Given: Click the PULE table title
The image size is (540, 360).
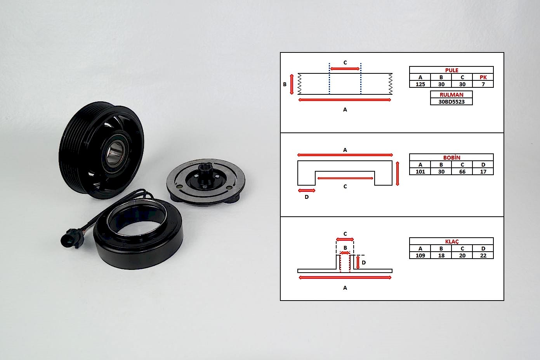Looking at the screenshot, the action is coord(451,70).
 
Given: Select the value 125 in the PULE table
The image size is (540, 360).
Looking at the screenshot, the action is coord(420,84).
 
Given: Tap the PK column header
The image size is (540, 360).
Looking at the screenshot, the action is coord(483,77).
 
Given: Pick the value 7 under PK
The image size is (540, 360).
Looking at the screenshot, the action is coord(483,84).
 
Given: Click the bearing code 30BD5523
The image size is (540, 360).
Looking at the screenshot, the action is coord(451,102).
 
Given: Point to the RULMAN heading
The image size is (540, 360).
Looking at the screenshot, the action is coord(451,95).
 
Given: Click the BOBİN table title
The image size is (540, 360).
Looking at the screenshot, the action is coord(451,157).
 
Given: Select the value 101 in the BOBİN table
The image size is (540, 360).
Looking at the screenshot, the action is coord(420,172).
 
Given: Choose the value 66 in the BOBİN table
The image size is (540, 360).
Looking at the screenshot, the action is coord(462,172).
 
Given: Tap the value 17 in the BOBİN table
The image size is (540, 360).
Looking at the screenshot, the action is coord(483,172).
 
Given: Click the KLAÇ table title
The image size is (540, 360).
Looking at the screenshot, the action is coord(451,242).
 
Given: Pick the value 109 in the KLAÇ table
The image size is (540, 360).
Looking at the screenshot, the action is coord(420,256).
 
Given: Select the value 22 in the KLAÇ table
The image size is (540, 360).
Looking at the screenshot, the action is coord(483,256).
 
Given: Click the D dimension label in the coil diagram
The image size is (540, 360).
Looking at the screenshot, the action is coord(306,197).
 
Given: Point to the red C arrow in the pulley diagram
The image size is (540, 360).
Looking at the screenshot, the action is coord(345,69).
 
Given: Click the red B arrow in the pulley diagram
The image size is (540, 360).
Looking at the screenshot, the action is coord(292,84).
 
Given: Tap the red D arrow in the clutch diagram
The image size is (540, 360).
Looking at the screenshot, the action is coord(358,263).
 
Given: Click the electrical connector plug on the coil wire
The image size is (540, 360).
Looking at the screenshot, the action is coord(71,238).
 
